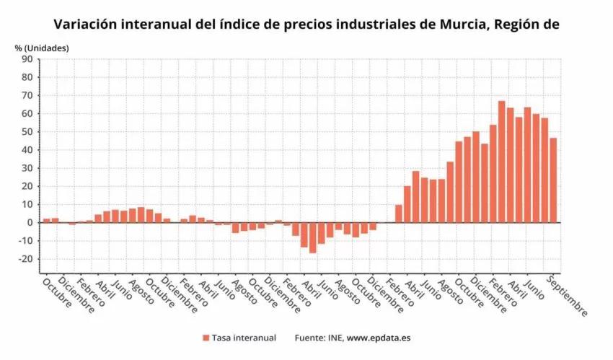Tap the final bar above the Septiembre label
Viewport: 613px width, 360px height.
(553, 180)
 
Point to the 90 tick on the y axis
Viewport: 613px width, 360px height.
(29, 59)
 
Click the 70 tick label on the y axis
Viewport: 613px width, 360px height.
(29, 95)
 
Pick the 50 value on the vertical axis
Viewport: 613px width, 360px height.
(29, 132)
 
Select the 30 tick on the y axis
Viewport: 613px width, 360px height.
(29, 168)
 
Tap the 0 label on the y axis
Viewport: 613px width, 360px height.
(31, 223)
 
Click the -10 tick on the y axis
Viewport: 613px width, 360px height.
(27, 241)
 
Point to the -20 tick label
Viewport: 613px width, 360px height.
(27, 260)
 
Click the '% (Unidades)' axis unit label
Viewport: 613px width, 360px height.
(42, 48)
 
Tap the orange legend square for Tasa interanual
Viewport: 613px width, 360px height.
(206, 338)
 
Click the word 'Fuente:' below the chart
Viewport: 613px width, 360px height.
(311, 338)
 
